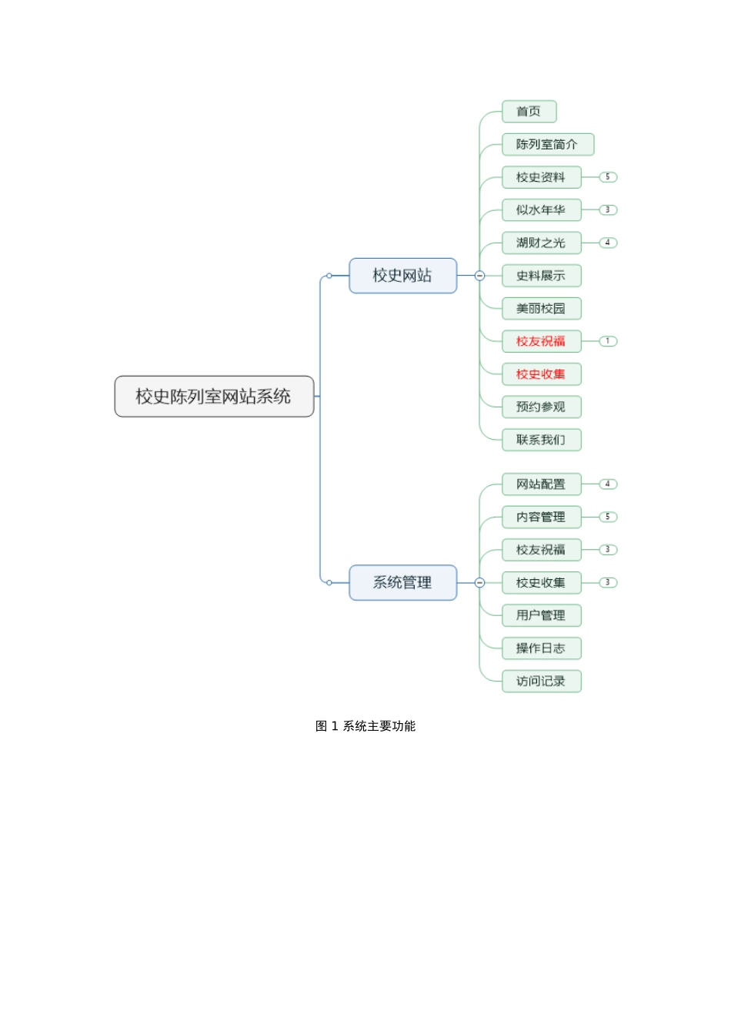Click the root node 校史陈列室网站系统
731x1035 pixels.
click(214, 397)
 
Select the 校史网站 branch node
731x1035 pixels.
click(402, 276)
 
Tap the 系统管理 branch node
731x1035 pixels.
click(402, 583)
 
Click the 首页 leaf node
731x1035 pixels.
click(529, 112)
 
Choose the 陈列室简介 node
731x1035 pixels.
click(547, 145)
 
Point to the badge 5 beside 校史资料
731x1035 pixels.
click(608, 177)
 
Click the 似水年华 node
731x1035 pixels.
click(541, 210)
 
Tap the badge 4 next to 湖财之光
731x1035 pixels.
click(608, 243)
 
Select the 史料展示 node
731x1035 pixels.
click(541, 276)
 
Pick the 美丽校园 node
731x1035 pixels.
click(541, 309)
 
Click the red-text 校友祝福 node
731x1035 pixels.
click(541, 341)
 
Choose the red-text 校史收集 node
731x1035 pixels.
click(541, 374)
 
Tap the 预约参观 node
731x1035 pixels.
click(541, 407)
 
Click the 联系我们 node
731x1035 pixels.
click(541, 440)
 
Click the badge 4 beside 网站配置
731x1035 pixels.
click(608, 484)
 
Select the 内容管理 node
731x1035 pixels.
click(541, 517)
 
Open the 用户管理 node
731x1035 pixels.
click(541, 615)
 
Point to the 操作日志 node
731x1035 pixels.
click(541, 648)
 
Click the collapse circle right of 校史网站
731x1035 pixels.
click(479, 276)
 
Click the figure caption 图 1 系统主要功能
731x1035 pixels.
click(365, 726)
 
